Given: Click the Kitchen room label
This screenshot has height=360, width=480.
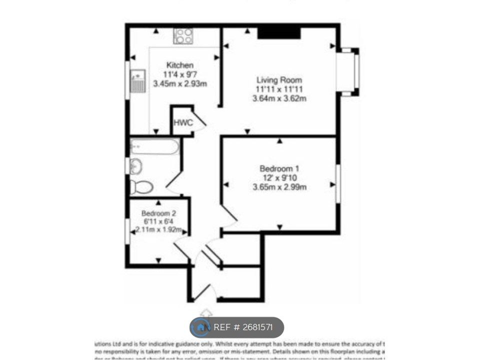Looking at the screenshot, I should click(x=180, y=65).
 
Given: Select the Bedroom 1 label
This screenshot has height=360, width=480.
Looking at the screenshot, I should click(x=279, y=168).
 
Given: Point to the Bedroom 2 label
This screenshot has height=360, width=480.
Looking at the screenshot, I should click(x=158, y=213).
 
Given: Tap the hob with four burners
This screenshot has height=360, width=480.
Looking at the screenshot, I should click(x=183, y=36).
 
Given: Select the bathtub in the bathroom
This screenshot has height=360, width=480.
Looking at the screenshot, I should click(x=154, y=147).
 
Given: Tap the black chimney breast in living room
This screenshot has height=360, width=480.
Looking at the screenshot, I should click(x=279, y=33).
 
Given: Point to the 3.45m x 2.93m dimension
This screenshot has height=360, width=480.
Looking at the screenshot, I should click(x=180, y=84).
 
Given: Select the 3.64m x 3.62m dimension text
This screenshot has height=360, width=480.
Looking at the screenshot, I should click(x=279, y=98).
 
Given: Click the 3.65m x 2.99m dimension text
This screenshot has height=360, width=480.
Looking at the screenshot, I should click(x=279, y=187).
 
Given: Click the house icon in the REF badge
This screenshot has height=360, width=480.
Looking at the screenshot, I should click(x=201, y=327).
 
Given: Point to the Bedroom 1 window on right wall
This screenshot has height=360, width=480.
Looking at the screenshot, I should click(x=338, y=183).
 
